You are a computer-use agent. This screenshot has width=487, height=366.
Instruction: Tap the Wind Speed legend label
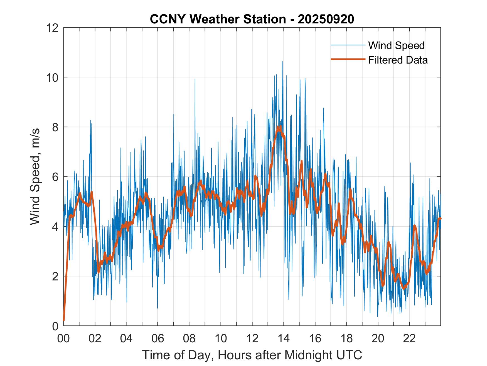point(396,45)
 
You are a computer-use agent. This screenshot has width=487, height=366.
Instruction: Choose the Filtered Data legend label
point(398,60)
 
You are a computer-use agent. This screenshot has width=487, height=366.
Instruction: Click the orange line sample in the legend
point(348,59)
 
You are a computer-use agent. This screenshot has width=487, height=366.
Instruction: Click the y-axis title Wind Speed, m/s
point(35,176)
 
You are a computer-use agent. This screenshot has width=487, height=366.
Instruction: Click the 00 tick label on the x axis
point(63,338)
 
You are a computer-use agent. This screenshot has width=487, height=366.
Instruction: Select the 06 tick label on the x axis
point(158,338)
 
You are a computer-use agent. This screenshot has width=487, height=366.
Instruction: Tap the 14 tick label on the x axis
point(284,338)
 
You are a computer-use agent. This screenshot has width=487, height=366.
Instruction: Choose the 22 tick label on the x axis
point(409,338)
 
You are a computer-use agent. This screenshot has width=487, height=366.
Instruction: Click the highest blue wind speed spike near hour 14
point(282,62)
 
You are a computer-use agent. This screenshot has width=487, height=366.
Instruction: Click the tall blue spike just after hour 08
point(195,79)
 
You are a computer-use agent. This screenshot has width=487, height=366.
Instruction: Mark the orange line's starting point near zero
point(64,321)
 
